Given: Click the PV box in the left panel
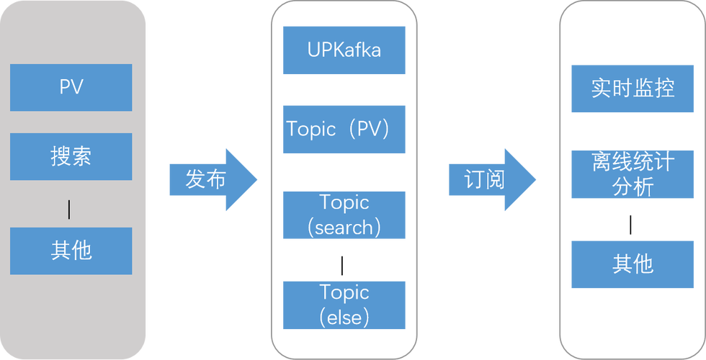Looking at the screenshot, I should (71, 87).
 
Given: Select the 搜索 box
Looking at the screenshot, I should (71, 156).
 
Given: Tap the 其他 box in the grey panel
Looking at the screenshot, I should (71, 251).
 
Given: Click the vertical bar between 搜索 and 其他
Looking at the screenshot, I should (69, 210).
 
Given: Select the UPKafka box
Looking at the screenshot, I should (344, 50).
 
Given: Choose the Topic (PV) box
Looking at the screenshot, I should (344, 130).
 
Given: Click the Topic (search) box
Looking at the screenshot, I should (344, 215).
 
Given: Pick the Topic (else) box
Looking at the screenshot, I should (344, 305).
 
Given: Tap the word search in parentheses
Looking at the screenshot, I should (344, 228).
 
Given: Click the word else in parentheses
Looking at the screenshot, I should (344, 317).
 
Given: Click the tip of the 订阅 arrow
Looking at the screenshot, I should (537, 179).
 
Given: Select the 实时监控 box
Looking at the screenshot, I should (633, 89).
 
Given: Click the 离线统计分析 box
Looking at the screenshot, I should (633, 174).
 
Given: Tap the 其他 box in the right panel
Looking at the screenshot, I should (633, 264).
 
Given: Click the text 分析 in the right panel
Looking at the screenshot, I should (633, 187).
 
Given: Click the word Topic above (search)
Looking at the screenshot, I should (344, 202).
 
